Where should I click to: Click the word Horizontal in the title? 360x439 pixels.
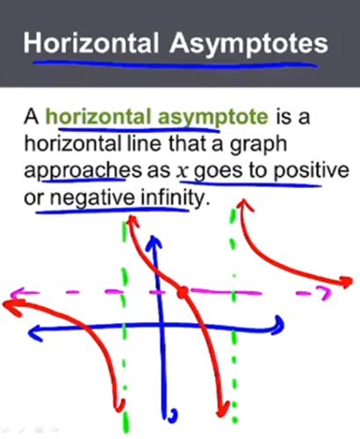pos(91,43)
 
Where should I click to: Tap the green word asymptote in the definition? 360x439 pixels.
pos(212,118)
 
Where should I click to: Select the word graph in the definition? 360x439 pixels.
pos(258,145)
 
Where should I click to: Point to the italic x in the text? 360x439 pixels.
pos(182,172)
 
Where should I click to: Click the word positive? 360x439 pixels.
pos(311,171)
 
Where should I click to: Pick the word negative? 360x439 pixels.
pos(92,198)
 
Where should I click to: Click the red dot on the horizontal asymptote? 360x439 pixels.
pos(183,292)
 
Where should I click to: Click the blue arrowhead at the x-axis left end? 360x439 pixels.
pos(36,333)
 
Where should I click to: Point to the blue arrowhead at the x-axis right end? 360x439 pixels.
pos(278,324)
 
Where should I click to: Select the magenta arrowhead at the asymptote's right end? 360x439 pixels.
pos(324,294)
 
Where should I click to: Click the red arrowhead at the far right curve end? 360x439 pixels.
pos(345,282)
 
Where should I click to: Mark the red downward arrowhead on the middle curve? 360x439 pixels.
pos(223,409)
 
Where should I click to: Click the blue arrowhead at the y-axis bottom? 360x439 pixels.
pos(169,415)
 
